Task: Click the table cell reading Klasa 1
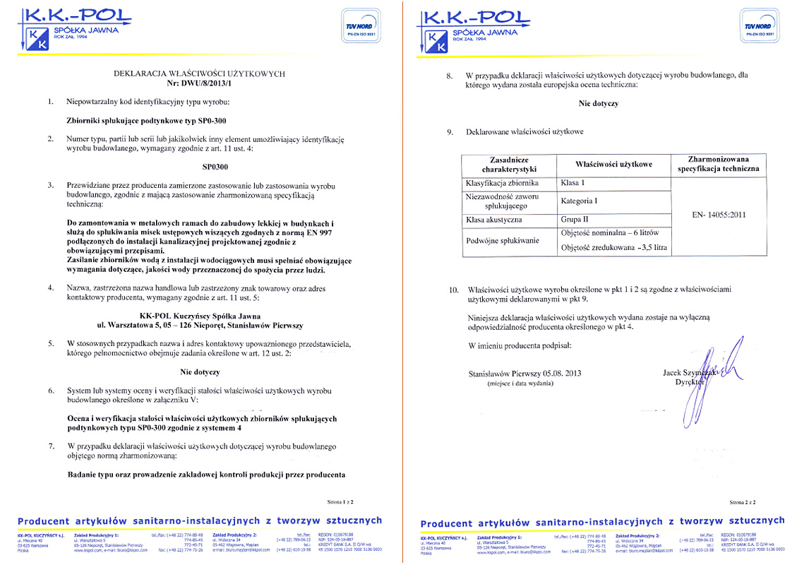[x=572, y=183]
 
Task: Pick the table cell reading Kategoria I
[x=580, y=201]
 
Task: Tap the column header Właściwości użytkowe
[x=613, y=164]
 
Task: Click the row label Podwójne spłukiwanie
[x=502, y=240]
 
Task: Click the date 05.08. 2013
[x=558, y=373]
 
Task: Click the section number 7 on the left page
[x=50, y=446]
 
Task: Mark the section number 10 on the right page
[x=454, y=290]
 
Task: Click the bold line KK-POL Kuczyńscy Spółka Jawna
[x=200, y=316]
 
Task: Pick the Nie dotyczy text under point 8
[x=599, y=103]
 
